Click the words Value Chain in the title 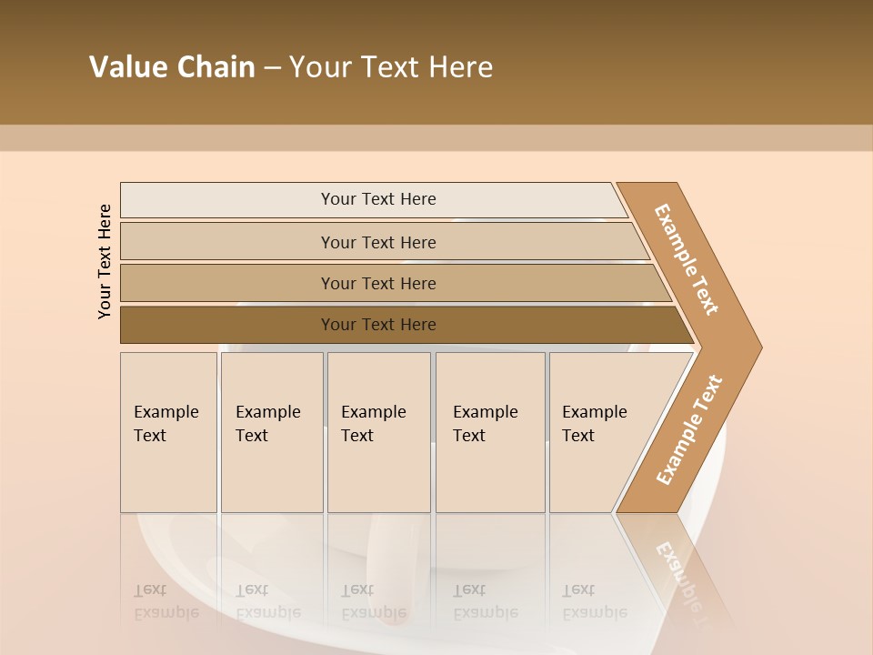click(172, 67)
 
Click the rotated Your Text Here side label click(105, 261)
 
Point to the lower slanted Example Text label click(689, 429)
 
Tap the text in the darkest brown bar click(378, 325)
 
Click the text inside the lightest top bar click(378, 199)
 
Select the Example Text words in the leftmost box click(166, 423)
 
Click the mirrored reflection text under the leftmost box click(166, 601)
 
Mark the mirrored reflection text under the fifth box click(594, 601)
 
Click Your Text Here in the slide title click(391, 67)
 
